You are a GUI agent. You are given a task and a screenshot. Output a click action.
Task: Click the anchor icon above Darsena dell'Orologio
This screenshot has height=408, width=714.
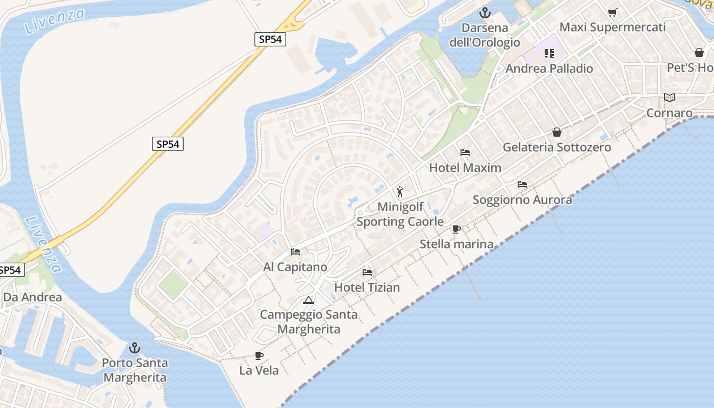pos(484,13)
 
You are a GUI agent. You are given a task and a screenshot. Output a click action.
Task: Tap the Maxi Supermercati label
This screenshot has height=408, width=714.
pos(613,27)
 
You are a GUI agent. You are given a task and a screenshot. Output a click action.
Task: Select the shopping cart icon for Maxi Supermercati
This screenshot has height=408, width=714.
pos(612,12)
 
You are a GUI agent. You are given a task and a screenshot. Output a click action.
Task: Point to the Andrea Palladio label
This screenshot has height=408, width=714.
pos(549,68)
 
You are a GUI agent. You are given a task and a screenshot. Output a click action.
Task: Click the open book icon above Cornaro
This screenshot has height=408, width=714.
pos(669,97)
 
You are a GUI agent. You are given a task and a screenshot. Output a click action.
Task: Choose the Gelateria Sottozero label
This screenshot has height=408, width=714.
pos(556,147)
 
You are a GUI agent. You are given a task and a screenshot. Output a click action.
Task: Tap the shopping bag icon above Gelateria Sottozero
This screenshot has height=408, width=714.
pos(556,132)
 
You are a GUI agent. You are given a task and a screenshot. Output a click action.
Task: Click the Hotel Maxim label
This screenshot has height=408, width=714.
pos(465,167)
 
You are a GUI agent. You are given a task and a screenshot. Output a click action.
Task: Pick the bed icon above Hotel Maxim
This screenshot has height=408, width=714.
pos(465,152)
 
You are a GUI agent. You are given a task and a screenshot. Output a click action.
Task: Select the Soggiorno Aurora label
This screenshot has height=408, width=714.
pos(522,199)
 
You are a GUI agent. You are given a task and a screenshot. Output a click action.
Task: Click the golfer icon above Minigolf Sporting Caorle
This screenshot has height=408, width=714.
pos(400,192)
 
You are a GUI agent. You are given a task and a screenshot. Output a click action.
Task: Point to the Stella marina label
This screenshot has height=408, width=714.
pos(456,244)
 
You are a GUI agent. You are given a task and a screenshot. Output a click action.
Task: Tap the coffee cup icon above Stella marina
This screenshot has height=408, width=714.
pos(456,229)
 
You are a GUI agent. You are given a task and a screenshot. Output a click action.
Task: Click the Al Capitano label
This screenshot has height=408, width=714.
pos(295,267)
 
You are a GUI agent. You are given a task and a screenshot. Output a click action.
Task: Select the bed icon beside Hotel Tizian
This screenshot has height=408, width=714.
pos(367,272)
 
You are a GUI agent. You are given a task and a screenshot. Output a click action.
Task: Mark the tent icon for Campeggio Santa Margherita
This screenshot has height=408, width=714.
pos(308,300)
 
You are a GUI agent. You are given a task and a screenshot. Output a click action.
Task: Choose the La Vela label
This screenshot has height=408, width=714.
pos(259,370)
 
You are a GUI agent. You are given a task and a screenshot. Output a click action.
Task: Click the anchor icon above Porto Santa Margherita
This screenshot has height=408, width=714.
pos(135,348)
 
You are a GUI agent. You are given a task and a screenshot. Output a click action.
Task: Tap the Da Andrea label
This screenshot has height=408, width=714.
pos(33,297)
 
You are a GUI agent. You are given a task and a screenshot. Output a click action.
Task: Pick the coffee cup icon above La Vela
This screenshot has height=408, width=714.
pos(259,355)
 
